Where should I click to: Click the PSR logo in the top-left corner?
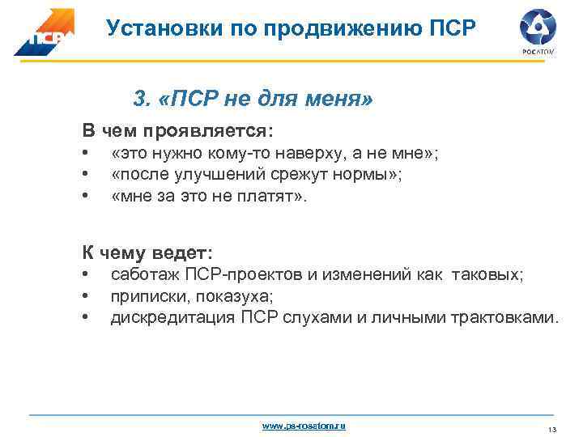pyautogui.click(x=44, y=32)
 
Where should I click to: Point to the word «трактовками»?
pyautogui.click(x=505, y=316)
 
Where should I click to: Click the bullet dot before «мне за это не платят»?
pyautogui.click(x=84, y=195)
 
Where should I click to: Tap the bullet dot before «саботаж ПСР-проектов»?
pyautogui.click(x=84, y=275)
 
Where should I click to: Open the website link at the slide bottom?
pyautogui.click(x=303, y=426)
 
